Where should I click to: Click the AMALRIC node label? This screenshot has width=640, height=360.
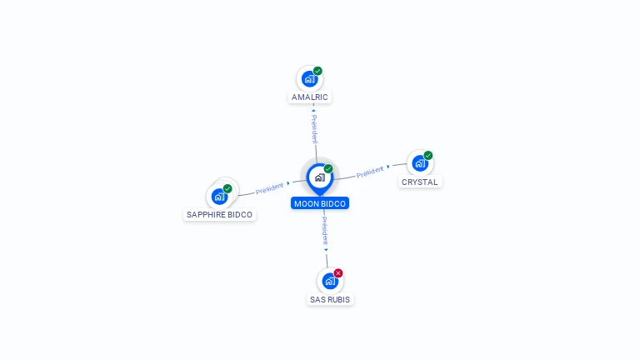click(x=309, y=97)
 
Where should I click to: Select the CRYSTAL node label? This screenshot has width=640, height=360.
click(x=420, y=182)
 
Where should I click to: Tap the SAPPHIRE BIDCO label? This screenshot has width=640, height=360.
click(x=219, y=215)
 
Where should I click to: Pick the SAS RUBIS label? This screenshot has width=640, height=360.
click(x=330, y=300)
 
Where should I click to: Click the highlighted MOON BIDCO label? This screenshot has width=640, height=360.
click(x=320, y=203)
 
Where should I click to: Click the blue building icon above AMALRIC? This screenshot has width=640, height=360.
click(x=309, y=79)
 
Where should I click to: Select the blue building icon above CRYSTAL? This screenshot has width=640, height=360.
click(x=420, y=163)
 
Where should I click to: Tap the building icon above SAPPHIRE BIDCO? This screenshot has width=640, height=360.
click(x=219, y=197)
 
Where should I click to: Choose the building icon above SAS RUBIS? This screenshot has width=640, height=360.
click(x=330, y=281)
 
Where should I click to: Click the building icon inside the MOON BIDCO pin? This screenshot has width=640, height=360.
click(x=320, y=177)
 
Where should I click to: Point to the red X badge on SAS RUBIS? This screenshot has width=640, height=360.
click(x=338, y=273)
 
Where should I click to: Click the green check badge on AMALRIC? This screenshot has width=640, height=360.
click(x=317, y=71)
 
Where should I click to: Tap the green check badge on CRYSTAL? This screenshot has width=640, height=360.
click(x=427, y=156)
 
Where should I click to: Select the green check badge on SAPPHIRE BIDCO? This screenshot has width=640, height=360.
click(x=227, y=188)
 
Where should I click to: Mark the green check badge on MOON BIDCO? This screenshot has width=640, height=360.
click(x=328, y=168)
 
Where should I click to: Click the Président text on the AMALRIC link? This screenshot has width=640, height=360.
click(x=314, y=129)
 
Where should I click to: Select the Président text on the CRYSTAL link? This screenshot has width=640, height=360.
click(x=370, y=172)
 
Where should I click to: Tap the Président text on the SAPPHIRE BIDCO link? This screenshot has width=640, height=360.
click(x=269, y=188)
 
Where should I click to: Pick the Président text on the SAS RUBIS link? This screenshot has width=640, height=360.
click(x=324, y=231)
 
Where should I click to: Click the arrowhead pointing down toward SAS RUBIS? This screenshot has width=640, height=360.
click(x=326, y=250)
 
